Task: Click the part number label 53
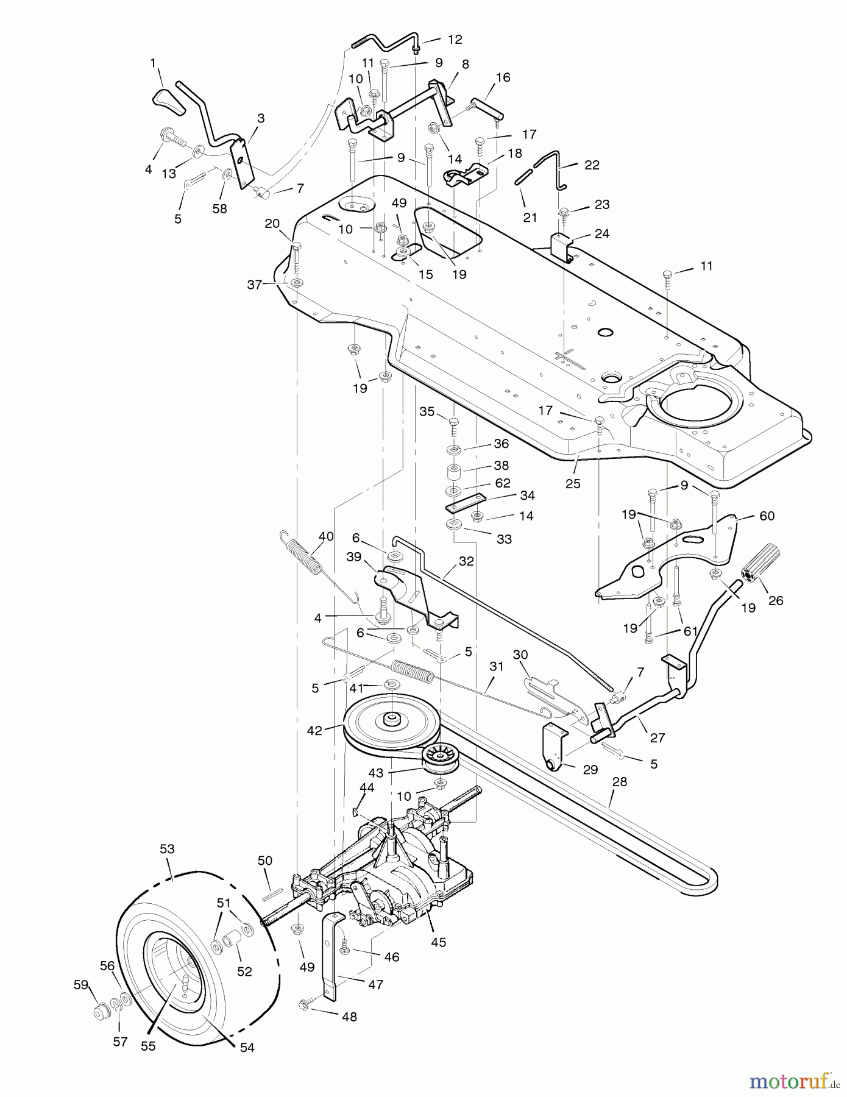coord(166,849)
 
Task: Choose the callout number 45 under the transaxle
coord(438,942)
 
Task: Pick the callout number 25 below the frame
coord(573,484)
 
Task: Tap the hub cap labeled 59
coord(99,1012)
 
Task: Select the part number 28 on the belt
coord(619,782)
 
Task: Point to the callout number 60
coord(767,516)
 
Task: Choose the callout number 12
coord(455,40)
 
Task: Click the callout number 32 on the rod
coord(466,562)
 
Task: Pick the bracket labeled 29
coord(554,746)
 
